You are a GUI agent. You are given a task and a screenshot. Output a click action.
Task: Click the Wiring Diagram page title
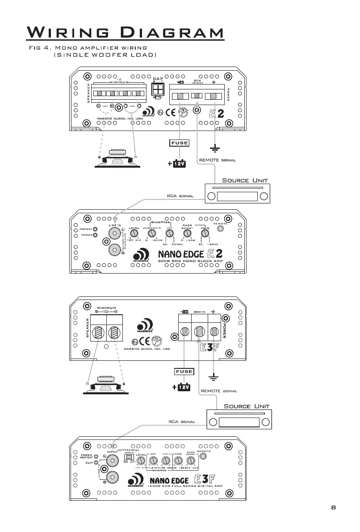point(125,33)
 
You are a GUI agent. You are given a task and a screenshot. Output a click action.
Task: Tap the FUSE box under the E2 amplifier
point(179,143)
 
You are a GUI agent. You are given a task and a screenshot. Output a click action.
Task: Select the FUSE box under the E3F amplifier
point(184,372)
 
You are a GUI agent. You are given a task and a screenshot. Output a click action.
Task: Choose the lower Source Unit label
point(247,406)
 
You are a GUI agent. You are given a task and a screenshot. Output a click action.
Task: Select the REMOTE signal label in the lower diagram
point(219,391)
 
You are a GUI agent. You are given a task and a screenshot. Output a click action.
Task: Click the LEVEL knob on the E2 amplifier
point(135,233)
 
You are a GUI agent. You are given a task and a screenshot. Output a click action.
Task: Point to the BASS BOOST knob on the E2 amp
point(187,233)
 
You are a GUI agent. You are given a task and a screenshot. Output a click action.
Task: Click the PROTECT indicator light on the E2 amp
point(95,229)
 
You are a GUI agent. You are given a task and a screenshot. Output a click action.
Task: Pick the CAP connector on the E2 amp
point(157,92)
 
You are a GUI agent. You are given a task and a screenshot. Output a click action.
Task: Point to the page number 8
point(333,507)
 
